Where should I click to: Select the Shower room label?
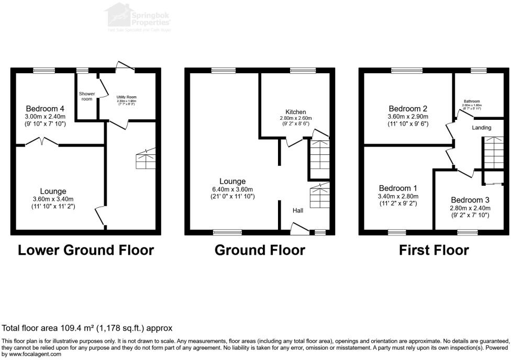(x=87, y=96)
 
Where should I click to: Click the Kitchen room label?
(x=295, y=112)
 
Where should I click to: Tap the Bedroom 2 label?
(x=407, y=109)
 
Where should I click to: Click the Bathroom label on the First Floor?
(x=471, y=102)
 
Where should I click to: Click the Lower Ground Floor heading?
(x=86, y=250)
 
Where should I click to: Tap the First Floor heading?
(x=434, y=250)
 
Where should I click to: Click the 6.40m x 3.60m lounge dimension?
(x=233, y=189)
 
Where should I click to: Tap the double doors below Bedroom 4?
(x=41, y=141)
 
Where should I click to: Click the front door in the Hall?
(x=299, y=226)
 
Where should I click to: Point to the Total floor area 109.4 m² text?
(x=87, y=329)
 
